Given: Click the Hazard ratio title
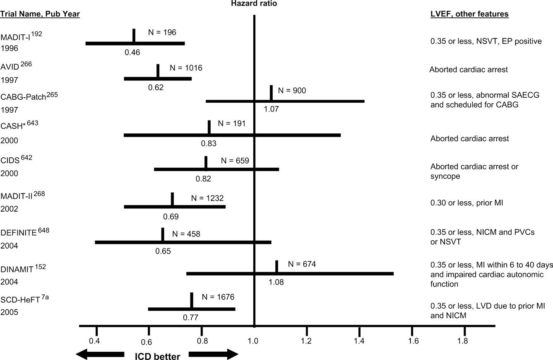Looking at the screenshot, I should pos(254,4).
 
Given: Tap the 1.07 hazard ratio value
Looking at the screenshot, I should pos(272,109).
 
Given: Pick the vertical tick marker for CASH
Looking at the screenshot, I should pos(209,127).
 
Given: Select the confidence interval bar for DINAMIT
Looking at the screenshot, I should pos(290,273).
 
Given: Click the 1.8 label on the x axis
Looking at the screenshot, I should pos(463,341).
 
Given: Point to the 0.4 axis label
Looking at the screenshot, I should pos(95,341).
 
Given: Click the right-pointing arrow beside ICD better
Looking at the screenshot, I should pos(214,354).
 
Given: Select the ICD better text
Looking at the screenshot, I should pos(157,357).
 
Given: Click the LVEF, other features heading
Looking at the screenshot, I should pos(469,14).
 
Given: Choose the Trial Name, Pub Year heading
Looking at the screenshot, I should pos(40,14).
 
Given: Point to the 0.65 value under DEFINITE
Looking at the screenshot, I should pos(163,251).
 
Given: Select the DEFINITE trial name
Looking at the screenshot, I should pos(19,233).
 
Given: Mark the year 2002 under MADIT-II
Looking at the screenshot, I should pos(9,209).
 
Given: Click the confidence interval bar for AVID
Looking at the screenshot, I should pos(157,78).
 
